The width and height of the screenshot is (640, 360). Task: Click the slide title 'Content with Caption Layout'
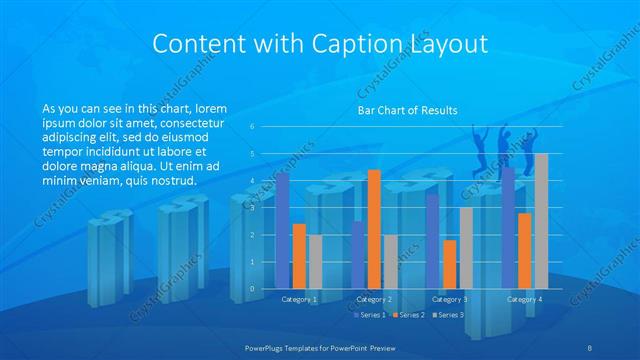coord(320,43)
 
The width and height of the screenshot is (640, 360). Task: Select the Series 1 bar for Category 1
coord(283,230)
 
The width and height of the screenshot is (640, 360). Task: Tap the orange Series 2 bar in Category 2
coord(374,229)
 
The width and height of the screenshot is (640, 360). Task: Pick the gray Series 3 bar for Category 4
coord(541,221)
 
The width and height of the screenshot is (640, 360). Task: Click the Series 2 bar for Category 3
coord(449,264)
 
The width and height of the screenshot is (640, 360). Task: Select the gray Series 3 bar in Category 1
coord(315,262)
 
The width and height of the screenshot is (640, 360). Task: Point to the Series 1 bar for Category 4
coord(508,228)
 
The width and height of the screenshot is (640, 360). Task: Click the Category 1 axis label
coord(299,299)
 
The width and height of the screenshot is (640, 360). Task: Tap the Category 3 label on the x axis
coord(450,299)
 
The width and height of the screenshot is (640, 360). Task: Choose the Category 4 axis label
coord(524,299)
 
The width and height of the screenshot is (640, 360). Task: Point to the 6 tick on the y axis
coord(253,127)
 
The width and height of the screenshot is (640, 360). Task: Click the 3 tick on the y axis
coord(253,208)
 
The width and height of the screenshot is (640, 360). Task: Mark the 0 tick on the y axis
coord(253,289)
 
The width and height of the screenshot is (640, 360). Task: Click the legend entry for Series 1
coord(371,315)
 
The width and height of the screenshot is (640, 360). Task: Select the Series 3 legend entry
coord(450,315)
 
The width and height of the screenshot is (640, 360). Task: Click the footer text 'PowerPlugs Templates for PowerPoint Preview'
coord(320,346)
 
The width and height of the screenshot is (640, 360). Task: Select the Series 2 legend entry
coord(411,315)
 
